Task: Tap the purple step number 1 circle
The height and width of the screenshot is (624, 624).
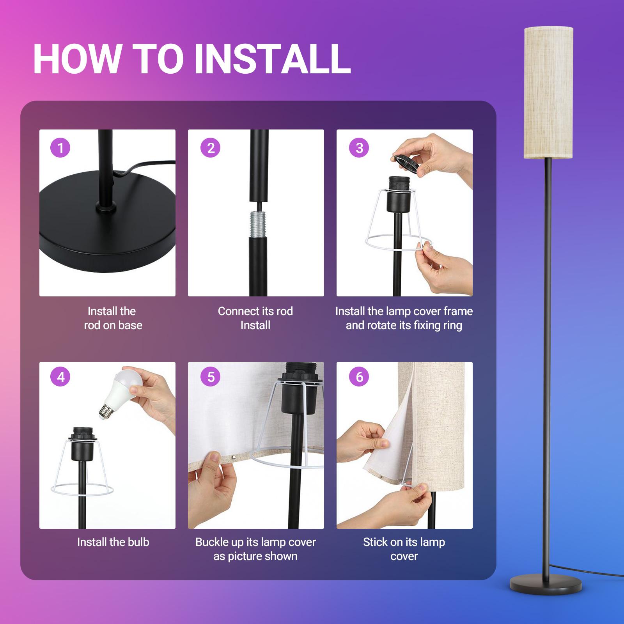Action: tap(60, 148)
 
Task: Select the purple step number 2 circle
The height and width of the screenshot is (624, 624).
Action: tap(211, 148)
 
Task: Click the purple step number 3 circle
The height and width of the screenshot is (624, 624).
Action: tap(359, 148)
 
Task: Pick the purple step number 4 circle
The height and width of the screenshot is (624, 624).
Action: tap(60, 377)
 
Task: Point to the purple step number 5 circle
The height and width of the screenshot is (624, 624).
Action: tap(211, 377)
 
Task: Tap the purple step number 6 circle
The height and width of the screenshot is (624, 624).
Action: tap(359, 377)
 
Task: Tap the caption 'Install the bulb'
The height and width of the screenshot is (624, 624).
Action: tap(113, 542)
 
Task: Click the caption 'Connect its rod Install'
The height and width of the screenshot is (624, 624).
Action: tap(255, 318)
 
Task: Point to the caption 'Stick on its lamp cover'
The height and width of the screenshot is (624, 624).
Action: tap(404, 549)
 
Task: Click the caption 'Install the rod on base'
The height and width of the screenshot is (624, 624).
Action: tap(113, 318)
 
